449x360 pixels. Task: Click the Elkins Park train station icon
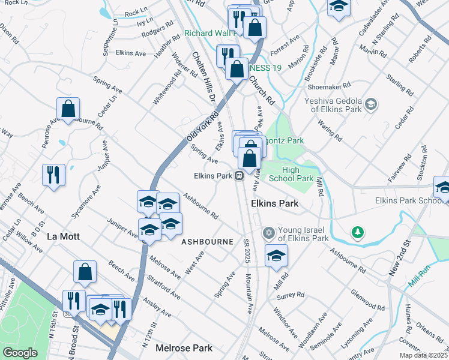click(x=239, y=176)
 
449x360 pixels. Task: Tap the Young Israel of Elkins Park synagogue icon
click(x=268, y=232)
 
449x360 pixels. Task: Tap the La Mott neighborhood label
click(x=63, y=236)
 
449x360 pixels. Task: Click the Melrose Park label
click(x=184, y=348)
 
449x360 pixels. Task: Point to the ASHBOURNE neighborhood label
click(x=207, y=242)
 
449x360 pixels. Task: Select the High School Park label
click(x=290, y=174)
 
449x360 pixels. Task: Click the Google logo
click(x=20, y=353)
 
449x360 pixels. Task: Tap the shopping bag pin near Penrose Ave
click(x=68, y=109)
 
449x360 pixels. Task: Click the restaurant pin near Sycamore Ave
click(x=54, y=175)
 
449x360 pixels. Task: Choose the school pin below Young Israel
click(x=276, y=255)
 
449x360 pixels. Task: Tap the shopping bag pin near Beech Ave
click(x=85, y=271)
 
